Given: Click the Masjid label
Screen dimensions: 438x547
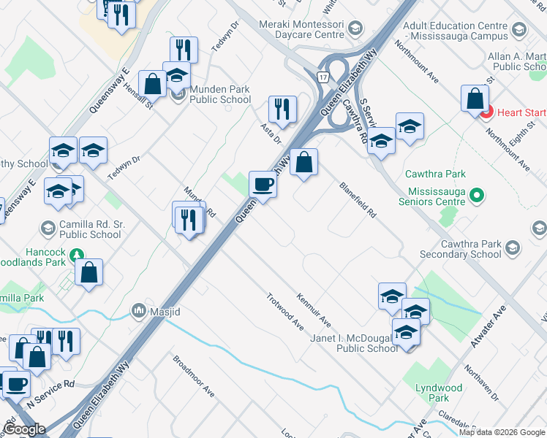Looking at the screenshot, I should tap(165, 312).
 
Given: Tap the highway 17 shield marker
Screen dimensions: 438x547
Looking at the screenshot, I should tap(322, 76).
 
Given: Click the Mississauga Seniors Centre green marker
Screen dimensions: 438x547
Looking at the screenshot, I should tap(477, 195).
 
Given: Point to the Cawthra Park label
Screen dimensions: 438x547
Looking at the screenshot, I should tap(436, 174).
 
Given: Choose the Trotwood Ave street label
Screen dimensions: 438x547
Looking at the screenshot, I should tap(285, 311).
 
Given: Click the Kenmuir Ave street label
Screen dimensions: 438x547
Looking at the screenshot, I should tap(314, 310).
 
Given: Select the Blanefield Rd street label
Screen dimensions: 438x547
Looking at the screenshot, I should tap(358, 200).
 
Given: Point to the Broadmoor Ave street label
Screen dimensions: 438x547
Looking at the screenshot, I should tap(193, 375).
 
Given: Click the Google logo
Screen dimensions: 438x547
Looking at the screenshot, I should tap(24, 429).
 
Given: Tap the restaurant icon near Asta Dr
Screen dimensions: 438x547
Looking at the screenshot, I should tap(282, 109).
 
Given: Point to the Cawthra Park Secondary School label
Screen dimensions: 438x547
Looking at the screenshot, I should tap(461, 249).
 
